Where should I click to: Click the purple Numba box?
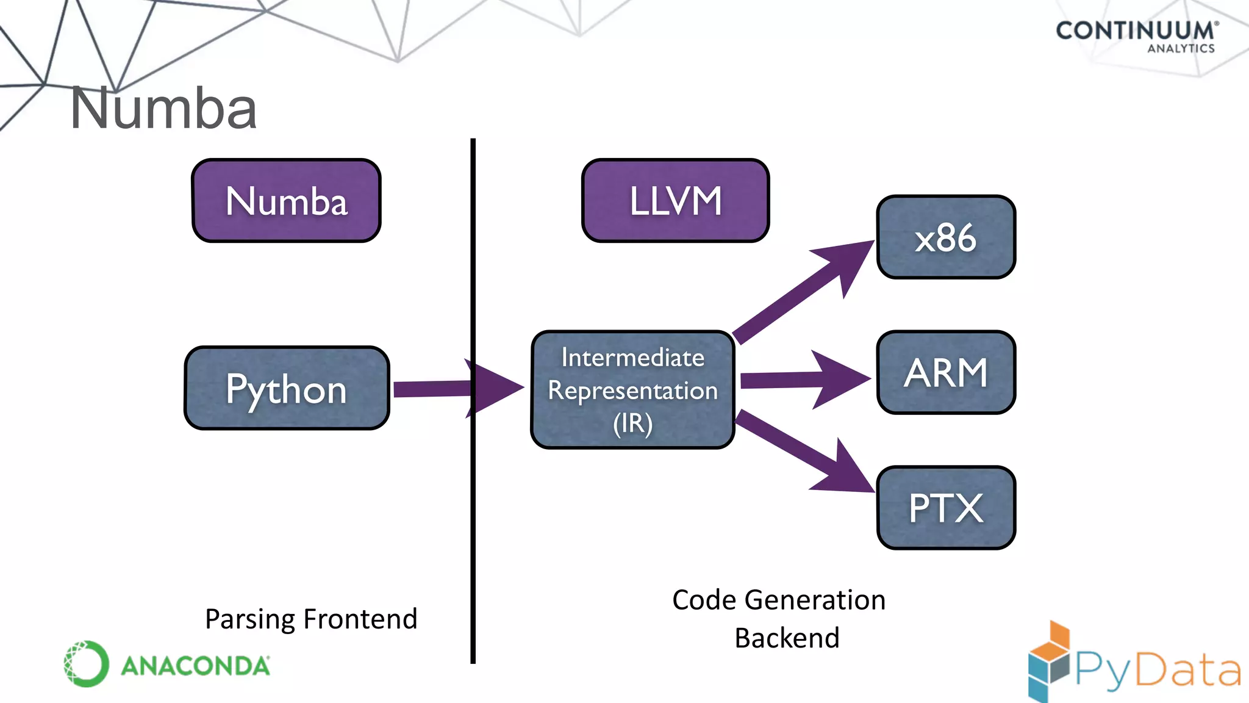[286, 201]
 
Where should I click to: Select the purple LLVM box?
[675, 201]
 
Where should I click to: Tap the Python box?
[286, 388]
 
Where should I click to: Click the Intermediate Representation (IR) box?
[632, 390]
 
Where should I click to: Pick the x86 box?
[946, 237]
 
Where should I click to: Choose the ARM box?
[946, 372]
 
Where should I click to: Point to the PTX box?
[946, 508]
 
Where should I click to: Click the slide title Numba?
[163, 109]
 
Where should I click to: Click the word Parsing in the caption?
[250, 619]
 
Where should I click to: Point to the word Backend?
[787, 638]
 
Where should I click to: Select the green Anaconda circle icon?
[86, 664]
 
